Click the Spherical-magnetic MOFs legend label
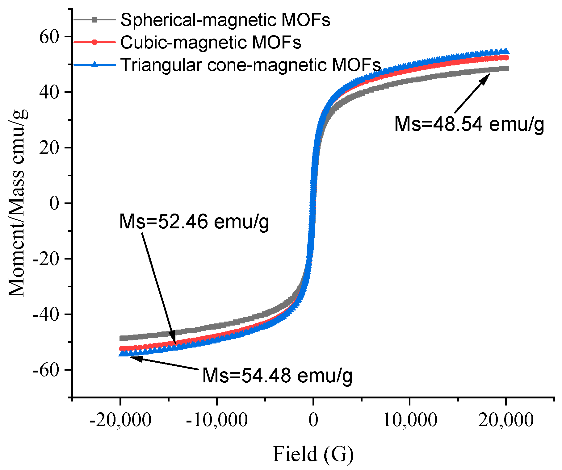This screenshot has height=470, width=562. point(225,20)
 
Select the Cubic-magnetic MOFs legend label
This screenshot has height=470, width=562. point(211,42)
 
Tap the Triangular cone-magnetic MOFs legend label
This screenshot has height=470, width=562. point(250,65)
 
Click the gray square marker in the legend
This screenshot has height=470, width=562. point(95,20)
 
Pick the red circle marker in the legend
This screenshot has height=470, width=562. point(95,42)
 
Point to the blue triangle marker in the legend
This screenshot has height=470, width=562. point(95,64)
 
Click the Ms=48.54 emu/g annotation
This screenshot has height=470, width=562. point(469,124)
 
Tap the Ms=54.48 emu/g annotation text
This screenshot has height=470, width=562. point(277,376)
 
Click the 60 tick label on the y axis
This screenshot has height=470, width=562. point(49,37)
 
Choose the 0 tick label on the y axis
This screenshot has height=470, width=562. point(54,203)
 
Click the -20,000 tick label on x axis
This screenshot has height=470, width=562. point(120,420)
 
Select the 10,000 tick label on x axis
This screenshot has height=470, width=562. point(410,420)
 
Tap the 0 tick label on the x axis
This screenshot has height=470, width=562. point(313,420)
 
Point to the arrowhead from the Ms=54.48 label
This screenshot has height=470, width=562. point(135,358)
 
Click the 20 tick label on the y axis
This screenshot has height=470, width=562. point(49,148)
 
